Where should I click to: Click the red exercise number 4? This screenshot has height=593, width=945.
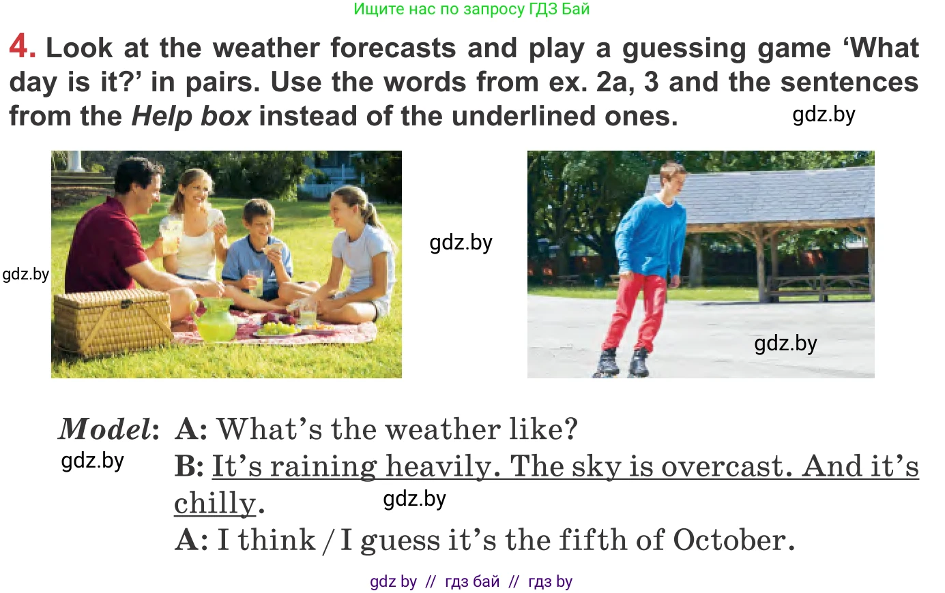22,46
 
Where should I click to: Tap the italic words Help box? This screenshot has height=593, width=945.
191,116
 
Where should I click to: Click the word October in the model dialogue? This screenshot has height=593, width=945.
733,540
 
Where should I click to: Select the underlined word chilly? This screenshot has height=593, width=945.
215,503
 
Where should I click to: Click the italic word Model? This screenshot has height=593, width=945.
104,429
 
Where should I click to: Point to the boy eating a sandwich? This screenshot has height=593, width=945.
257,253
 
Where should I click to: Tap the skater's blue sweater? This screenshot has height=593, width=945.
650,235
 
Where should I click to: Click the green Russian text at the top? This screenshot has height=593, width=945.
471,9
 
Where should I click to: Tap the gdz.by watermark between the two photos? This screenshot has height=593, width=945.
461,243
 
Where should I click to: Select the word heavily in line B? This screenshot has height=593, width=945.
439,468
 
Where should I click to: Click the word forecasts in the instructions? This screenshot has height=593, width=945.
393,48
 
